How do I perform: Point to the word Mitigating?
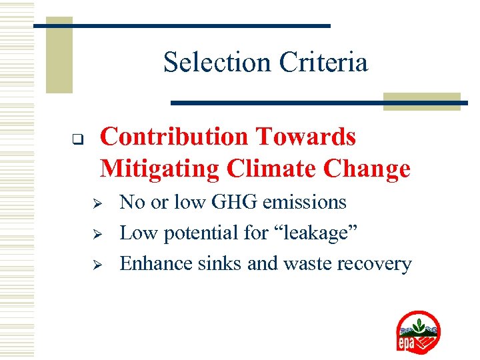tap(159, 169)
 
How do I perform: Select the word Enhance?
tap(156, 264)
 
